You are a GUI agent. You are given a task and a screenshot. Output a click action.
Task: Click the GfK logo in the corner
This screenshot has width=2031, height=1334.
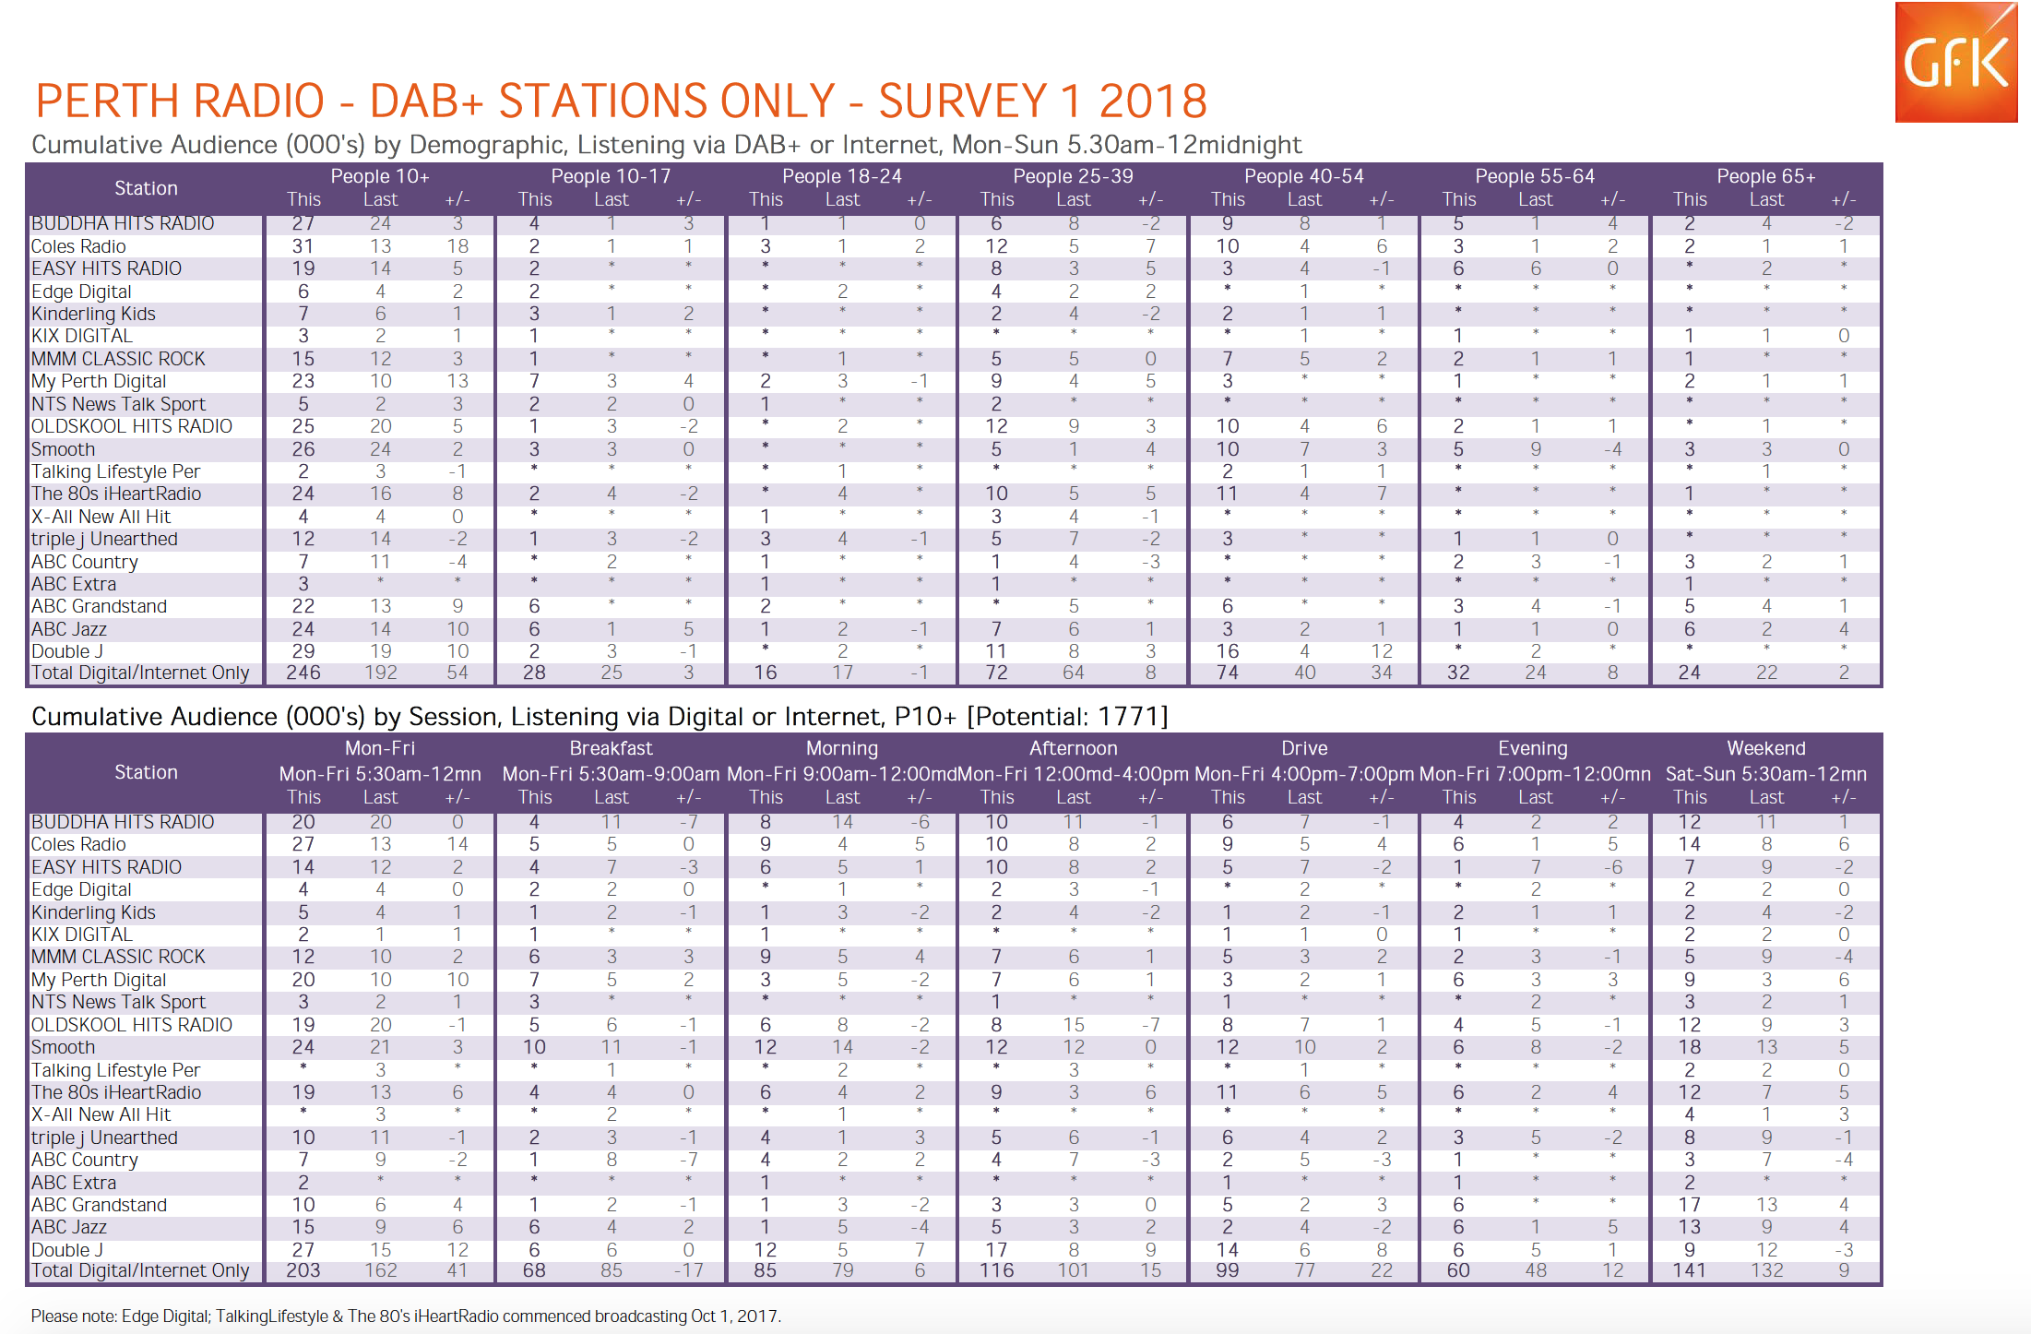pos(1955,62)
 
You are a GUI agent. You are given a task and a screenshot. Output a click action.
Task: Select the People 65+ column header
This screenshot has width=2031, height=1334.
pos(1766,176)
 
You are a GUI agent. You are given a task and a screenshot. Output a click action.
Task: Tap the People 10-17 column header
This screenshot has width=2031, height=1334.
pos(611,176)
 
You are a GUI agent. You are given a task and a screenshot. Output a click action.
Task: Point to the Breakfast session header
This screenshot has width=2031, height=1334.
pos(611,748)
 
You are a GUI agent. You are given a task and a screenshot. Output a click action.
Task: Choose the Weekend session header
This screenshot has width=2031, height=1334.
pos(1766,748)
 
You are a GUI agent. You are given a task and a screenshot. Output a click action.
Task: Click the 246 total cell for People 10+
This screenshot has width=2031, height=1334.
pos(303,673)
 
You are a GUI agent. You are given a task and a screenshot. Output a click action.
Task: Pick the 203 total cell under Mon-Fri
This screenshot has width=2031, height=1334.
pos(303,1270)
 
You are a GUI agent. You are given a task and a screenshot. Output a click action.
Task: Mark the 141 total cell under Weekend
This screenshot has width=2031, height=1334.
pos(1690,1270)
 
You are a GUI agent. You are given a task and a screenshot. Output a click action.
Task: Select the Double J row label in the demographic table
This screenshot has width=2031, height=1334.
pos(67,651)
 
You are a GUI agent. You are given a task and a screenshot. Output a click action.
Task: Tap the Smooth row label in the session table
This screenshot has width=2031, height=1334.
pos(64,1047)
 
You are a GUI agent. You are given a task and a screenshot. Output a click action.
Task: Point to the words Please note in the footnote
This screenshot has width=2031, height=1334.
pos(74,1316)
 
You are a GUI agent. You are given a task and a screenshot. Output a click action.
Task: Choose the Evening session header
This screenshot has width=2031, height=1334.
pos(1533,748)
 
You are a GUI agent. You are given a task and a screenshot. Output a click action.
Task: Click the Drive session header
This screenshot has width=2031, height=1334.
pos(1304,748)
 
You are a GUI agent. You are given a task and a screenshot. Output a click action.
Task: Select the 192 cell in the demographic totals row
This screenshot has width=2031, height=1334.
pos(381,673)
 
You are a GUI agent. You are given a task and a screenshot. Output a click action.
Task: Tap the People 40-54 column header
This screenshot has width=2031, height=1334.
pos(1304,176)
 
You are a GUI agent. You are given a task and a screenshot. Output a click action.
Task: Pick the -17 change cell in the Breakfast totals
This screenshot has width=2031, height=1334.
pos(688,1270)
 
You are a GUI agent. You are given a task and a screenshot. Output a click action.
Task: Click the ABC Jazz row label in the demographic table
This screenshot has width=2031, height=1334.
pos(69,629)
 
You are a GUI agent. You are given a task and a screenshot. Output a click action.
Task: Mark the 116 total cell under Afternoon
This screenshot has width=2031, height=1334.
pos(996,1270)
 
